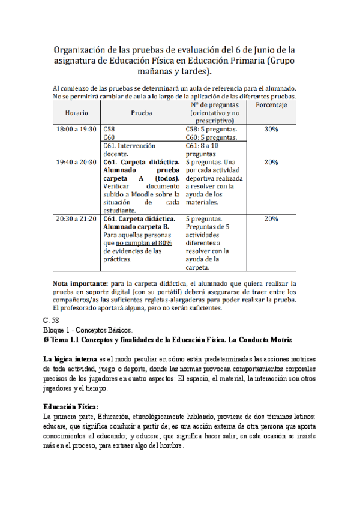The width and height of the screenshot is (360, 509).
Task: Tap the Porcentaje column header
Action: [x=271, y=104]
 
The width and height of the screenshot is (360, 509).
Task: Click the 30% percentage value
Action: [x=271, y=128]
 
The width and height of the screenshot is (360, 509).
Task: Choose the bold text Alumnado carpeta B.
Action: [x=136, y=227]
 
